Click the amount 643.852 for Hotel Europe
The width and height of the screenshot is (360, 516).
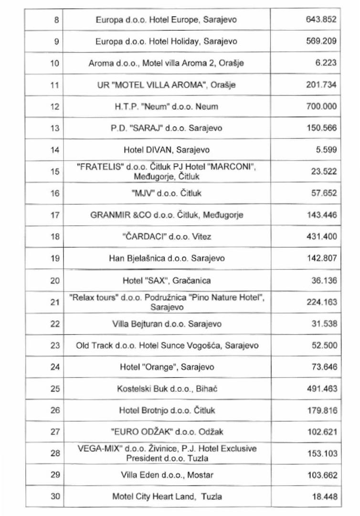tap(321, 20)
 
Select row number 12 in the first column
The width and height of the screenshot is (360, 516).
tap(54, 107)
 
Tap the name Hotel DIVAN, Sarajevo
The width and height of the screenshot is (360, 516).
tap(166, 150)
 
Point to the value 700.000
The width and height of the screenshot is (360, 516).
tap(321, 107)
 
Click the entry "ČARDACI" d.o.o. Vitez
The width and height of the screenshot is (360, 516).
tap(166, 236)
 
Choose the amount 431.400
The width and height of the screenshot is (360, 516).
tap(321, 236)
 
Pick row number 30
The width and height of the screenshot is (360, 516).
tap(55, 496)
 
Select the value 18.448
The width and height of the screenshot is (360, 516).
tap(324, 497)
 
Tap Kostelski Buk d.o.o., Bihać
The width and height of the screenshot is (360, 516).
tap(167, 388)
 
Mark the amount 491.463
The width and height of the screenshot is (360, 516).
tap(321, 388)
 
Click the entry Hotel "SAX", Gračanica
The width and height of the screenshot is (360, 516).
tap(166, 280)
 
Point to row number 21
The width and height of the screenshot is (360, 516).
tap(54, 302)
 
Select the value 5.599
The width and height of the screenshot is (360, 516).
tap(326, 150)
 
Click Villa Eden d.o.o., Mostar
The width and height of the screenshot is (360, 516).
tap(167, 475)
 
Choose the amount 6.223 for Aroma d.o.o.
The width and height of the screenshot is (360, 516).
tap(326, 63)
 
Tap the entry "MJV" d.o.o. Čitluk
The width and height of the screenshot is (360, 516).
tap(166, 193)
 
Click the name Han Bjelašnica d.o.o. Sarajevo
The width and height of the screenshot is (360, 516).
tap(166, 258)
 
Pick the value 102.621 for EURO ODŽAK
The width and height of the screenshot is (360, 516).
tap(321, 432)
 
